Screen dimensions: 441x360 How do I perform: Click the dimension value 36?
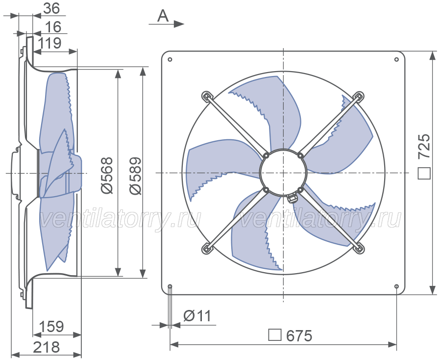click(x=52, y=8)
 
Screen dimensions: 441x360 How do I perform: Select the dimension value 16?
click(x=53, y=27)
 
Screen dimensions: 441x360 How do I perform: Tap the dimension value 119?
click(x=49, y=43)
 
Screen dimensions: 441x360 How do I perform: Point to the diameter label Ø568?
click(x=107, y=176)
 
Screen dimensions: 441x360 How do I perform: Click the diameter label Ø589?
click(x=135, y=176)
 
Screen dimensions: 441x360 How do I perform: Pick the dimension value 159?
click(x=51, y=327)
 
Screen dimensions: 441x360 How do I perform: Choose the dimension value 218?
click(x=47, y=347)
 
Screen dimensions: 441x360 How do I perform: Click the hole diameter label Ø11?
click(x=197, y=316)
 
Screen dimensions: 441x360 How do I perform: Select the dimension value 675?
click(x=299, y=336)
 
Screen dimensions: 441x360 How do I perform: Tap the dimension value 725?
click(x=424, y=146)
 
